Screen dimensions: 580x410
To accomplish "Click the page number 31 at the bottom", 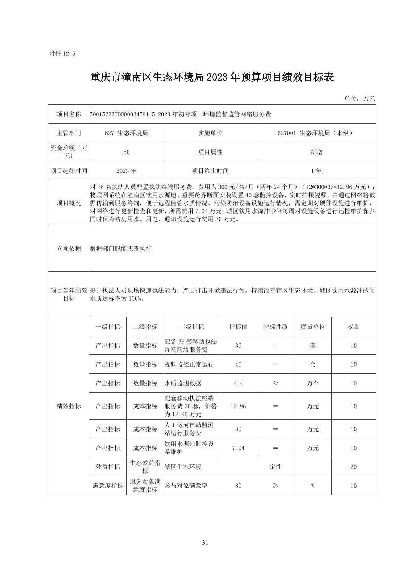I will point(205,542).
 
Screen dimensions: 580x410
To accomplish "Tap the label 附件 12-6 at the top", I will point(62,53).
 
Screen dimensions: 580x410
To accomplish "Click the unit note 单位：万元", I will point(360,99).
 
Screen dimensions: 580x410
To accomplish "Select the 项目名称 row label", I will point(69,114).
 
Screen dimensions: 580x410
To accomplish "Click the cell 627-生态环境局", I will point(126,133).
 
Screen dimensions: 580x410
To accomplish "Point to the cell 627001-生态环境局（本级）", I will point(316,133).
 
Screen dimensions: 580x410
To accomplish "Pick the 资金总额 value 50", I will point(126,152).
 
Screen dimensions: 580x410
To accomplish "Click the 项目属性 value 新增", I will point(316,152).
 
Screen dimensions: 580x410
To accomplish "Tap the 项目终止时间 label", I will point(210,171).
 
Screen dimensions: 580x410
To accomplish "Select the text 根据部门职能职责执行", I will point(121,249).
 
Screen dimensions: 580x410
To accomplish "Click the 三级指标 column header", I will point(192,327).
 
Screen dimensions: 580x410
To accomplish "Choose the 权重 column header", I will point(353,327).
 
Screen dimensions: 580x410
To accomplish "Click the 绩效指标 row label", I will point(69,406).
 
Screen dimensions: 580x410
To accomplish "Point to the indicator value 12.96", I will point(238,406).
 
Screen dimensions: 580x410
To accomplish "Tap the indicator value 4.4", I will point(238,383).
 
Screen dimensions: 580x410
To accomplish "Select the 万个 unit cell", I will point(313,383).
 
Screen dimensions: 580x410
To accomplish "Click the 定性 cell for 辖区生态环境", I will point(275,467).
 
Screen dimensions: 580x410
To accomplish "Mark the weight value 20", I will point(353,467).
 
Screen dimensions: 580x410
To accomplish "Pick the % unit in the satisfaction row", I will point(313,486).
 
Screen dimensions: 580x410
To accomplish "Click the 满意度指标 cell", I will point(108,486).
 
